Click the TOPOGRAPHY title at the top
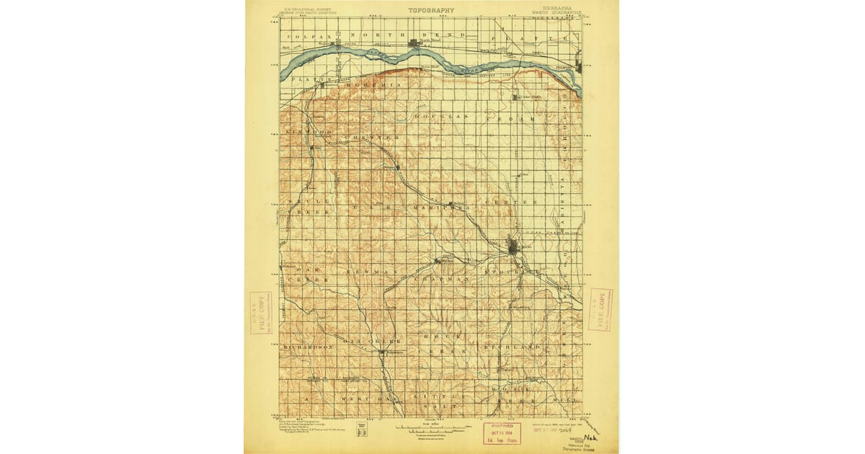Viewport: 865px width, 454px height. point(431,10)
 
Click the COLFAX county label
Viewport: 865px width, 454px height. point(303,35)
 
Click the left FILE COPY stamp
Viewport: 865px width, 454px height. point(260,312)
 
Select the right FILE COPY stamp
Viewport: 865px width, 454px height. point(600,309)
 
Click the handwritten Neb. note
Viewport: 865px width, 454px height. point(592,437)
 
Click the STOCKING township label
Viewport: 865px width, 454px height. point(512,271)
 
